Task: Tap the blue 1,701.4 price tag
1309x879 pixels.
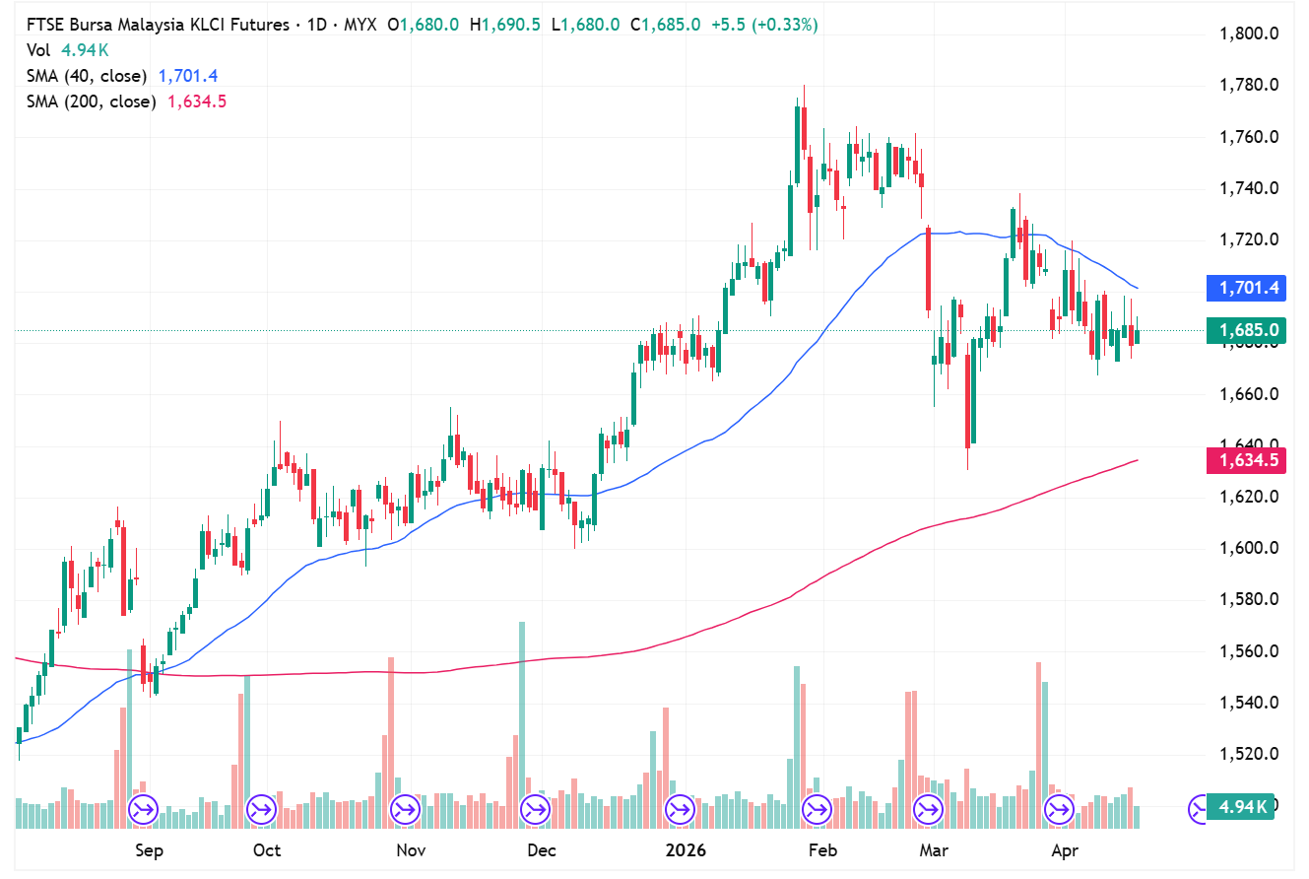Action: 1247,289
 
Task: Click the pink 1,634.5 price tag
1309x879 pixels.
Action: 1247,460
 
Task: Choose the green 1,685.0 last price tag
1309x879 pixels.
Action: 1247,330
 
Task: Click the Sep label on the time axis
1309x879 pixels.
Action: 148,850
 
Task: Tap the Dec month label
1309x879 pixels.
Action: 541,850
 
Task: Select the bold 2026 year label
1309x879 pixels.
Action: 685,850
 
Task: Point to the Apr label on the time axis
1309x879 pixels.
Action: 1064,850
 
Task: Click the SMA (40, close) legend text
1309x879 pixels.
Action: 87,76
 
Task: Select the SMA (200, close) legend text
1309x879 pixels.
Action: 91,101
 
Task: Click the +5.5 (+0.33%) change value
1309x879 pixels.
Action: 761,26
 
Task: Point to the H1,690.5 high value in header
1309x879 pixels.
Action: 505,26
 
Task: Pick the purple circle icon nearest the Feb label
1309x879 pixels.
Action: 817,810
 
